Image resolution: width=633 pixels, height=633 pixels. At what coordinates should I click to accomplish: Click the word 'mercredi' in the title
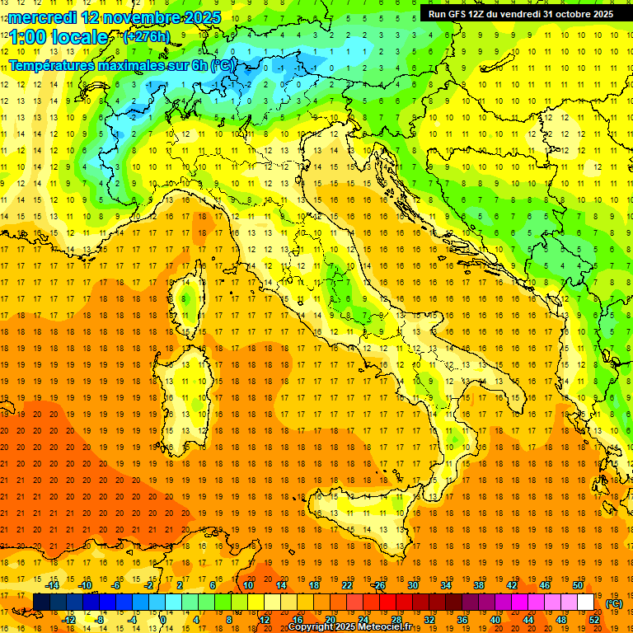(44, 16)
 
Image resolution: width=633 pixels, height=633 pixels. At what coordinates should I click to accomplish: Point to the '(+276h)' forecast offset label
(146, 37)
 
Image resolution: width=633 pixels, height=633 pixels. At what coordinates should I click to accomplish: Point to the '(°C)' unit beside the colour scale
(614, 603)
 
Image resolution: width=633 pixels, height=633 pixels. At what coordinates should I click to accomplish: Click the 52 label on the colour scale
(594, 619)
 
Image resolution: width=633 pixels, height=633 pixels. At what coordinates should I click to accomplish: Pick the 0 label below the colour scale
(163, 619)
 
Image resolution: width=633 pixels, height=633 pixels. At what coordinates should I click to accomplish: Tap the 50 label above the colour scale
(577, 585)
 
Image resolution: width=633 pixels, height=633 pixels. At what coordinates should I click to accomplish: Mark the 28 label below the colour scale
(396, 619)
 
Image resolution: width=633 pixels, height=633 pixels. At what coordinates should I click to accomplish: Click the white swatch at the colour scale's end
(585, 602)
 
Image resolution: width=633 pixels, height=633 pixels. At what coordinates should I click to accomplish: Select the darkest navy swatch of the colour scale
(41, 602)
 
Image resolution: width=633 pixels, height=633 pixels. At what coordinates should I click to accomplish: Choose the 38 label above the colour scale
(478, 585)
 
